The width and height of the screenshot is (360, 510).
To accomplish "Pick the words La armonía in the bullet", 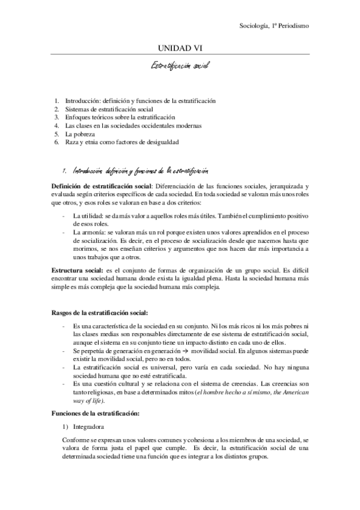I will tap(89, 232).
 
